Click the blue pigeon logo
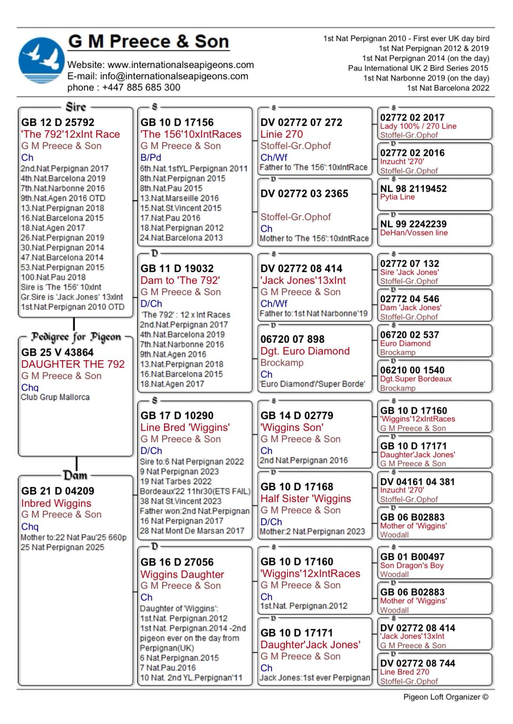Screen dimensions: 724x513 coord(41,61)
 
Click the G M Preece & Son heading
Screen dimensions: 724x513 coord(149,41)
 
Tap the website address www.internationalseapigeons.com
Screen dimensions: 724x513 coord(181,65)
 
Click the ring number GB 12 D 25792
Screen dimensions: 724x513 coord(58,123)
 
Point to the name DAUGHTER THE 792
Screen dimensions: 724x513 coord(73,364)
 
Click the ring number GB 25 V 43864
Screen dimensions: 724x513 coord(58,353)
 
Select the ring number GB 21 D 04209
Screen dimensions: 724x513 coord(58,491)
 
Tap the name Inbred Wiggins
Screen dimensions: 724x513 coord(56,503)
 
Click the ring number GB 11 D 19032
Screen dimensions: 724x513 coord(177,269)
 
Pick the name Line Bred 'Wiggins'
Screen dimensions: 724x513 coord(185,428)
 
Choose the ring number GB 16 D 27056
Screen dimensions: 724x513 coord(177,562)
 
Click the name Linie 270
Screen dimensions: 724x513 coord(281,134)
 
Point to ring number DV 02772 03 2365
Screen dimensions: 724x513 coord(305,194)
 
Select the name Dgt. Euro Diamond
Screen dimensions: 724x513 coord(305,351)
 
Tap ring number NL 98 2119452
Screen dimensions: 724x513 coord(414,189)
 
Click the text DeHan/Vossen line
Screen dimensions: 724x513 coord(414,233)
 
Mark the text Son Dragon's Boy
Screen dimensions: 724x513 coord(412,566)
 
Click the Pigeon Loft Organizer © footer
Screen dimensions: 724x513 coord(446,697)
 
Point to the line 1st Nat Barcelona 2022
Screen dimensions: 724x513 coord(448,88)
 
